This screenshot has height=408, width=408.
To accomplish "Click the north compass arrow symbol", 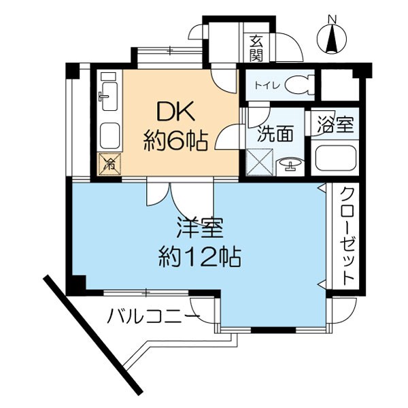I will (333, 40).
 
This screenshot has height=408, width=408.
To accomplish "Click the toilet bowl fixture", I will (297, 85).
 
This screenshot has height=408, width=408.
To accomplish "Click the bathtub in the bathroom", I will (337, 158).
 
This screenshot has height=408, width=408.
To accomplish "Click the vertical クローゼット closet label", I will (347, 235).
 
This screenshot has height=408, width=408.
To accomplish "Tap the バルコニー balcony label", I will (154, 316).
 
